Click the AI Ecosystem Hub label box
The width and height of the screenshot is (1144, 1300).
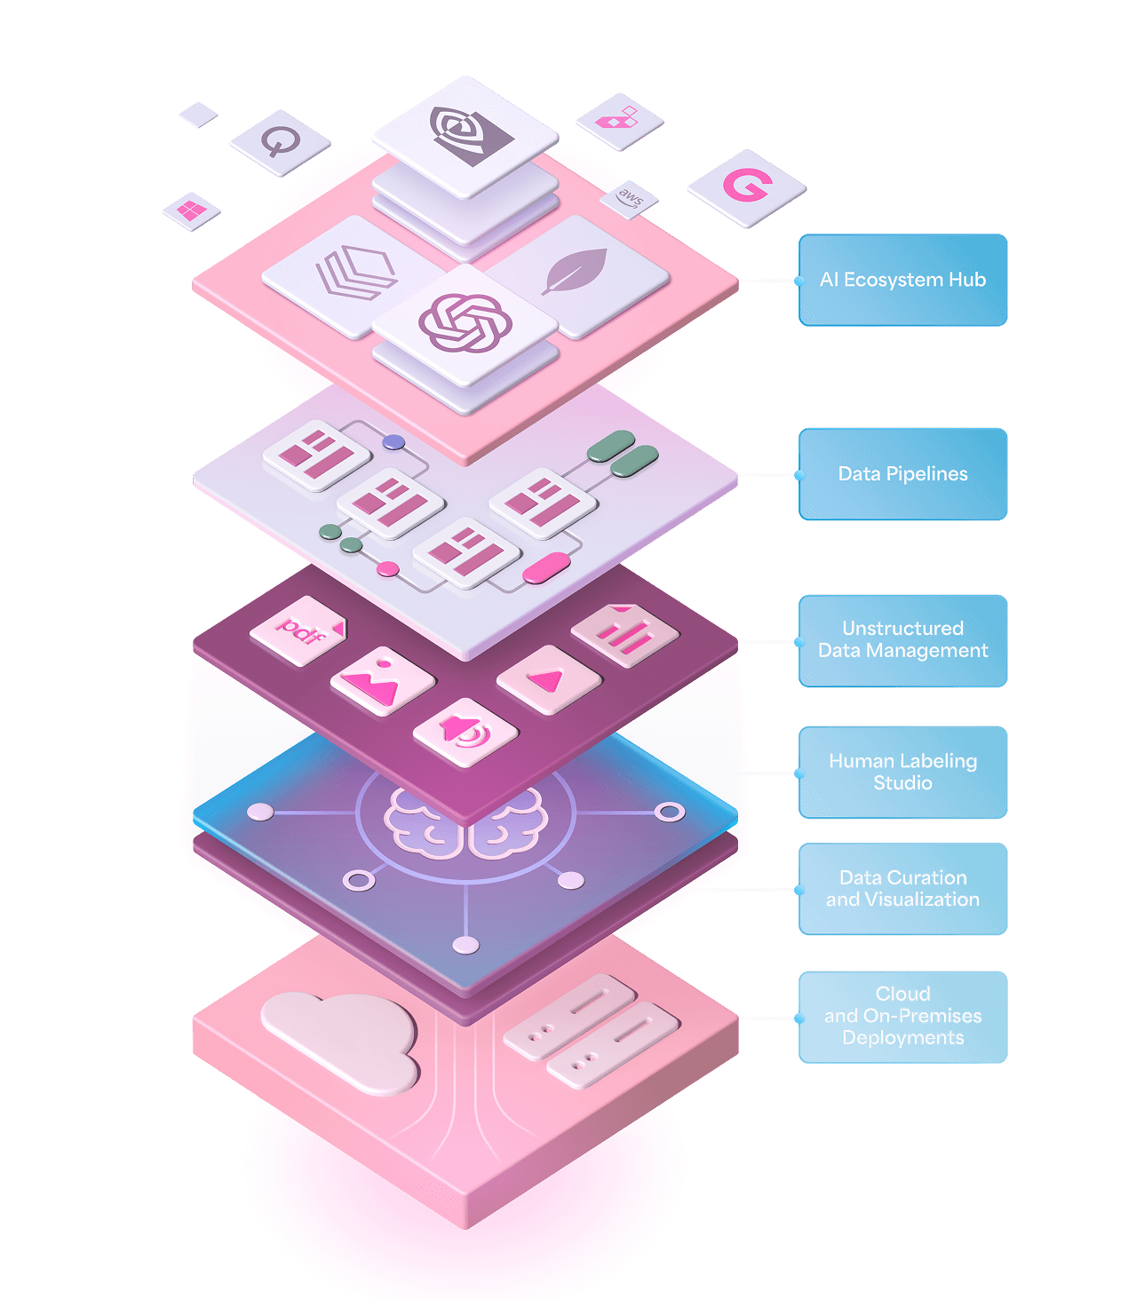pyautogui.click(x=902, y=280)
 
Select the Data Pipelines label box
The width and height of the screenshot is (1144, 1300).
pyautogui.click(x=902, y=474)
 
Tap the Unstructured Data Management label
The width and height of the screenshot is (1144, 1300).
pyautogui.click(x=902, y=640)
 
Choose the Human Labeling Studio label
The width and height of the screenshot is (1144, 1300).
pyautogui.click(x=902, y=772)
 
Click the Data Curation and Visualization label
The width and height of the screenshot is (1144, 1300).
pyautogui.click(x=902, y=889)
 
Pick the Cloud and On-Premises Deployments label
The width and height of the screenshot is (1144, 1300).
pyautogui.click(x=902, y=1017)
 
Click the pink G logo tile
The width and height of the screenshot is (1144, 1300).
pyautogui.click(x=746, y=186)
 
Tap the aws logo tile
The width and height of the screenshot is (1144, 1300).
pyautogui.click(x=630, y=198)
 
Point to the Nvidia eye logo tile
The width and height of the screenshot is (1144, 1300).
pyautogui.click(x=465, y=133)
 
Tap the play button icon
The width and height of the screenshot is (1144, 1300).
pyautogui.click(x=547, y=679)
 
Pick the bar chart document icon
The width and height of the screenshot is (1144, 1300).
pyautogui.click(x=624, y=632)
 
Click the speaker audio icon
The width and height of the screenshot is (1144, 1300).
pyautogui.click(x=465, y=732)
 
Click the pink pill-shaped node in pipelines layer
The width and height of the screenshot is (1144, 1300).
pyautogui.click(x=545, y=567)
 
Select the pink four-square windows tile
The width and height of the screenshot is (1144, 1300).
pyautogui.click(x=191, y=210)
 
